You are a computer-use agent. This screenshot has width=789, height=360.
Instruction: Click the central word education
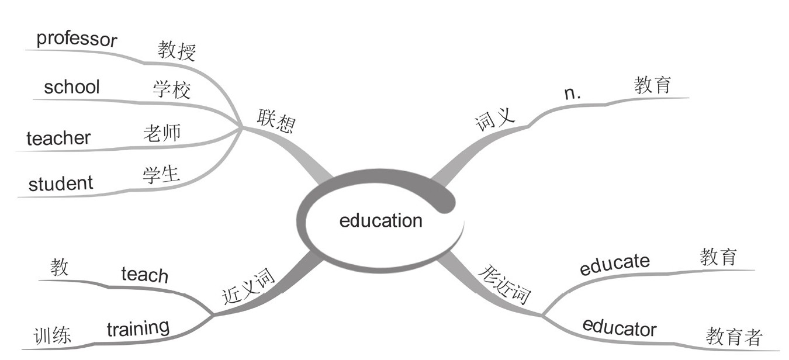[380, 221]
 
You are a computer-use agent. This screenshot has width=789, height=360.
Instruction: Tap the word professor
[77, 39]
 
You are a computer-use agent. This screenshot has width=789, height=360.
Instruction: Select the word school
[72, 87]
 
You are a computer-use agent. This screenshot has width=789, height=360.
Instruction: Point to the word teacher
[58, 138]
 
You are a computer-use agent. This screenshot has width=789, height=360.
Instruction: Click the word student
[61, 184]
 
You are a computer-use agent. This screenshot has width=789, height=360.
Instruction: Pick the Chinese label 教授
[177, 51]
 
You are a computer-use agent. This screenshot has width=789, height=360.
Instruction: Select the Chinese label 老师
[162, 133]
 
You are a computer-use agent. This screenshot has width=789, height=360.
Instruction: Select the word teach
[144, 274]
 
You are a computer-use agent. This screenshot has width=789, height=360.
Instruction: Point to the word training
[138, 328]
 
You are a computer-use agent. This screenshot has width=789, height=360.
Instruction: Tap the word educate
[614, 265]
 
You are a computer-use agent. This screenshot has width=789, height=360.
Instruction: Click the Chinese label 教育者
[734, 337]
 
